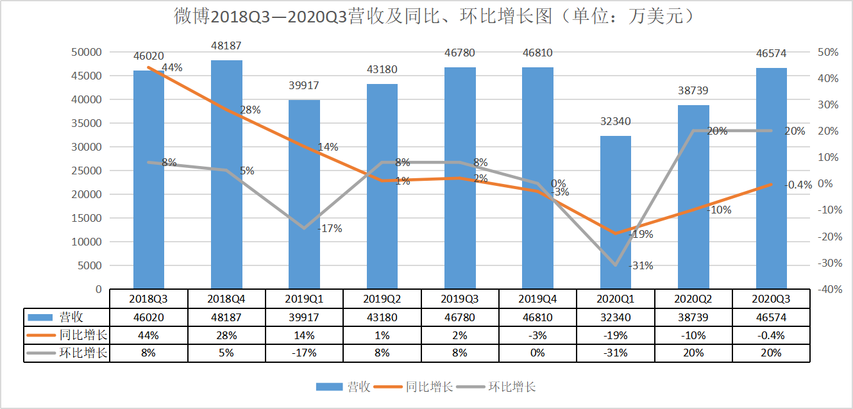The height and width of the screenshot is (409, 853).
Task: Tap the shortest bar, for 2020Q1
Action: coord(615,212)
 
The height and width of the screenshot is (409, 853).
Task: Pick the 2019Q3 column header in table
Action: coord(460,299)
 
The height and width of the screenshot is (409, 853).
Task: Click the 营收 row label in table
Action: coord(71,317)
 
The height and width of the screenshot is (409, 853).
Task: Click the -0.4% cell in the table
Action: coord(771,335)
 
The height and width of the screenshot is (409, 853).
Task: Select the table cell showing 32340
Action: coord(616,317)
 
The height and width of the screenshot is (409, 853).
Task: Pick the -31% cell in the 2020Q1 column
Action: coord(616,353)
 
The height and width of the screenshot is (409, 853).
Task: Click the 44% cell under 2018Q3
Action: coord(148,335)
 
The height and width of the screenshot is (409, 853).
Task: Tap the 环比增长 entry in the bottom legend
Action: coord(512,387)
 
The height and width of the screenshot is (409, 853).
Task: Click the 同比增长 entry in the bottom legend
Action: coord(429,387)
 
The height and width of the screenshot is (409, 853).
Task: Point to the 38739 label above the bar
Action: coord(693,91)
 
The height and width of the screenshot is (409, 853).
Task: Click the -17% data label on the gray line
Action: coord(330,228)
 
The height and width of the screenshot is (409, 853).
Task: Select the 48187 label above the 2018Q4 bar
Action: coord(226,46)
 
